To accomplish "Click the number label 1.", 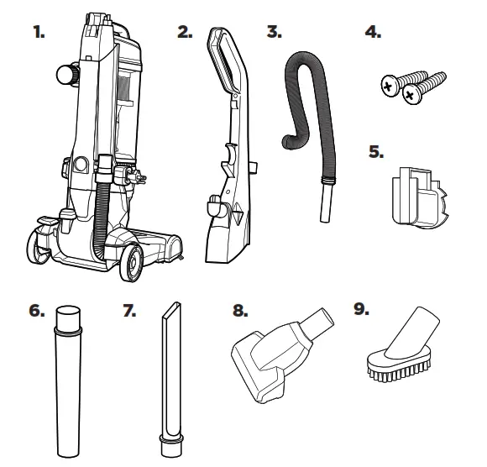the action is (x=39, y=32).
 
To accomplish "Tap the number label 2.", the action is (x=185, y=32).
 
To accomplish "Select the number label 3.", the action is (x=275, y=32).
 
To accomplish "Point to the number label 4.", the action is (x=373, y=32).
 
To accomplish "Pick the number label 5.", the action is (x=376, y=152).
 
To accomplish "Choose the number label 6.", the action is (x=37, y=311).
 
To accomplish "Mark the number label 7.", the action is (x=129, y=311).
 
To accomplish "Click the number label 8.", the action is (x=240, y=311).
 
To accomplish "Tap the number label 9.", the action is (x=362, y=309).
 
